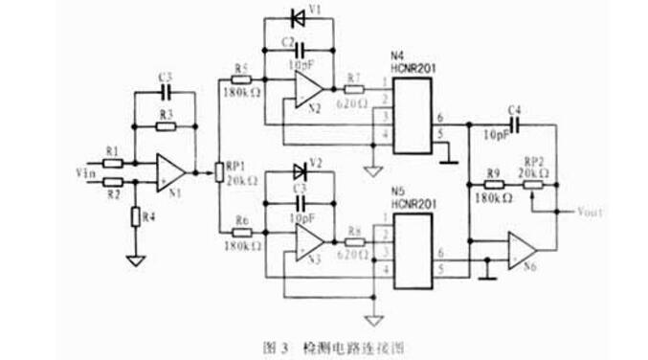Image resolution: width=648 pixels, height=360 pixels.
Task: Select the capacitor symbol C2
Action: (x=300, y=48)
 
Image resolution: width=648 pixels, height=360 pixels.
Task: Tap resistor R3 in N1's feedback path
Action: (x=165, y=125)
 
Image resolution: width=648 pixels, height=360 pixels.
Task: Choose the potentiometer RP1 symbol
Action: (x=219, y=172)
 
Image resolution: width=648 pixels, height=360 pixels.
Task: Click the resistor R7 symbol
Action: (x=354, y=90)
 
